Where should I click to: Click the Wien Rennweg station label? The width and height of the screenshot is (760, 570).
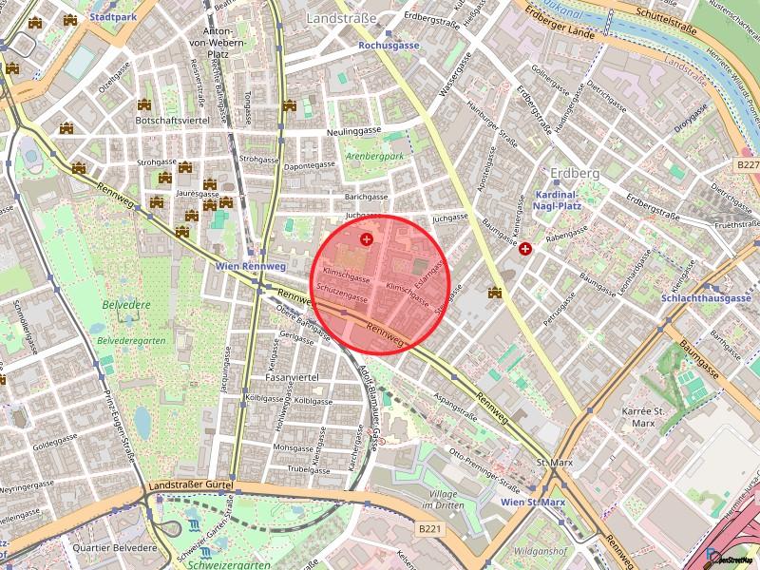[x=250, y=267]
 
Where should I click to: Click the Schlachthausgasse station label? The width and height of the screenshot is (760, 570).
[x=705, y=297]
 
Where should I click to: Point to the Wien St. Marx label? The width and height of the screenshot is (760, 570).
[x=534, y=502]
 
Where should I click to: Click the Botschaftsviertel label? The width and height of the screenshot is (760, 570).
[x=171, y=121]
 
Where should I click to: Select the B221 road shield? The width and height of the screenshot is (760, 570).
[x=430, y=529]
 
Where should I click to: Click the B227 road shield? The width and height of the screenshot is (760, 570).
[x=748, y=164]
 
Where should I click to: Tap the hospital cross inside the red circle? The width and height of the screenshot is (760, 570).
[x=367, y=225]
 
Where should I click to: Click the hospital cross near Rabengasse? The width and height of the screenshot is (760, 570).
[x=525, y=248]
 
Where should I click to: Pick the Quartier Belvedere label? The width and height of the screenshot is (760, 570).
[x=114, y=548]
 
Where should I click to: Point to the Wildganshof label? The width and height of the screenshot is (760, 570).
[x=540, y=550]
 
